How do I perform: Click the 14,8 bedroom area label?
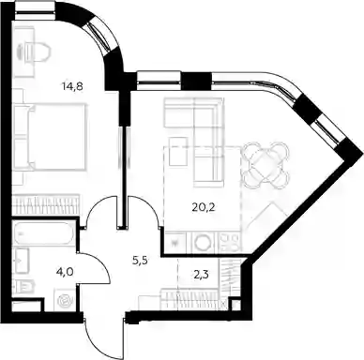pyautogui.click(x=72, y=86)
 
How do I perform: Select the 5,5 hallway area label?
pyautogui.click(x=140, y=261)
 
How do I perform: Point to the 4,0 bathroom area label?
pyautogui.click(x=65, y=273)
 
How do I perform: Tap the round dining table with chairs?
pyautogui.click(x=265, y=166)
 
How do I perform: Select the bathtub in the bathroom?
pyautogui.click(x=43, y=233)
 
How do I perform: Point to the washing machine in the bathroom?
pyautogui.click(x=66, y=301)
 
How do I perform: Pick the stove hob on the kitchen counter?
pyautogui.click(x=231, y=242)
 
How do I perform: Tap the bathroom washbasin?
pyautogui.click(x=22, y=260)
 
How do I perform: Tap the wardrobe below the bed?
pyautogui.click(x=46, y=204)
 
